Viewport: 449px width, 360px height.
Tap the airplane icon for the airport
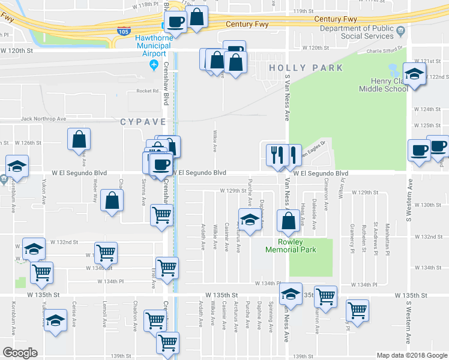click(x=154, y=64)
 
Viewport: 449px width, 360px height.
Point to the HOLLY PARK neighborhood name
click(x=306, y=68)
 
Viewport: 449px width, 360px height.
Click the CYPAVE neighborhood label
click(x=142, y=122)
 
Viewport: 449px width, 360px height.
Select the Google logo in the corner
click(x=20, y=352)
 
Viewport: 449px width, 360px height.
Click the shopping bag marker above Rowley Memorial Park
click(x=289, y=221)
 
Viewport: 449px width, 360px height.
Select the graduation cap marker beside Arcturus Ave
click(x=249, y=220)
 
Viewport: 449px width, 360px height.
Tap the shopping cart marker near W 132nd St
click(x=106, y=253)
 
